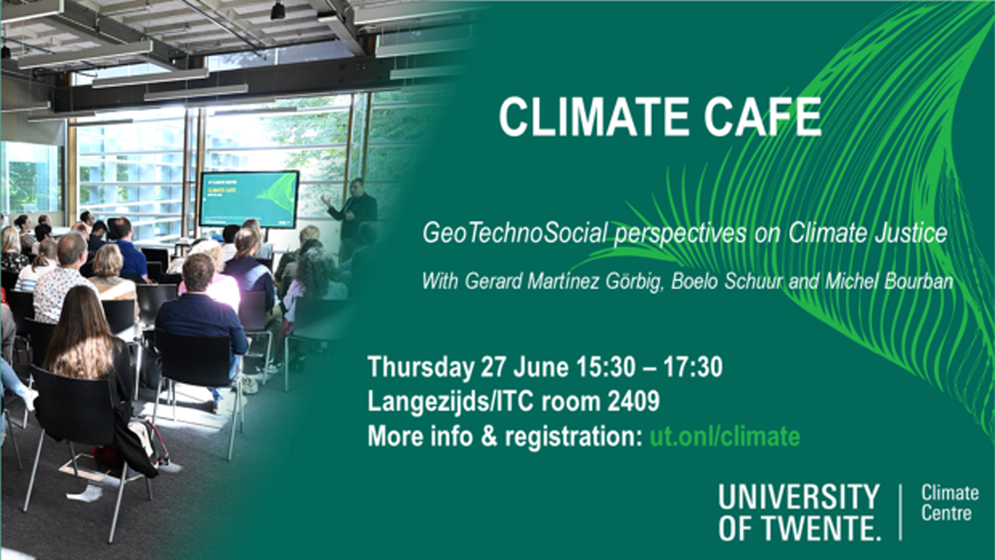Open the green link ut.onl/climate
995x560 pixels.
(x=725, y=437)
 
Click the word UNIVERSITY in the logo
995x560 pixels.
(x=799, y=497)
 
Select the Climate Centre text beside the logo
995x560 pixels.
(x=950, y=503)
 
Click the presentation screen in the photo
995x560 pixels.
(x=249, y=199)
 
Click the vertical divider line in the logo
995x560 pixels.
(x=900, y=511)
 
